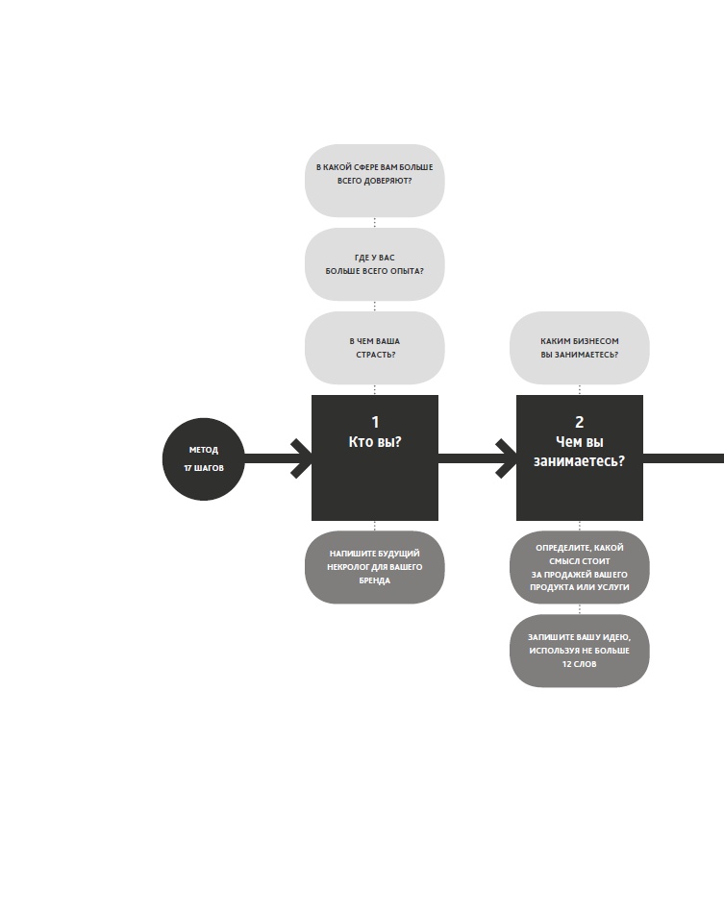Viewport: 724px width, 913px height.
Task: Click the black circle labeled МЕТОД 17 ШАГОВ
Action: [x=204, y=459]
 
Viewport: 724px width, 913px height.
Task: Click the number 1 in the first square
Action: [x=375, y=422]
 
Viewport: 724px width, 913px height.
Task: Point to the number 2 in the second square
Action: [x=579, y=422]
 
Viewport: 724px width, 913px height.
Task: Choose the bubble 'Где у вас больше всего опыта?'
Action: [x=375, y=264]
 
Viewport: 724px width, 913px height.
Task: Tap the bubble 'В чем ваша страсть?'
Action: [x=375, y=348]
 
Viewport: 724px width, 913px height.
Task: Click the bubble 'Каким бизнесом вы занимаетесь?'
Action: [x=579, y=348]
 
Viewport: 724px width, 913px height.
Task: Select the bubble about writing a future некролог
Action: [x=375, y=567]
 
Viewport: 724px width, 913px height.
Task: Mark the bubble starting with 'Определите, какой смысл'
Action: [x=579, y=567]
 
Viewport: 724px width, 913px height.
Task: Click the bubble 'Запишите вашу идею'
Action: [x=579, y=651]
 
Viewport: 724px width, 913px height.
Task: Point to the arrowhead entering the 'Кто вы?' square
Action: [x=301, y=458]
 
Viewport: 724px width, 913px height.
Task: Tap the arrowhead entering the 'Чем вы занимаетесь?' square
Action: [x=506, y=458]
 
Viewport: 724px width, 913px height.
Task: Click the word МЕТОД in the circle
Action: [x=204, y=450]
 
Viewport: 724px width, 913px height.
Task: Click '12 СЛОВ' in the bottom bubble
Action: [x=579, y=664]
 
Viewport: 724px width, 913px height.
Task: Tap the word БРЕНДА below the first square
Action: [x=375, y=581]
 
